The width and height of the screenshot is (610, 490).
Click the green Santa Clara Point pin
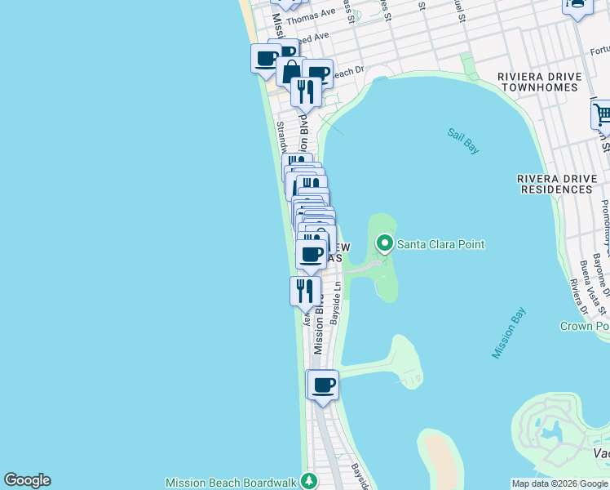tap(384, 243)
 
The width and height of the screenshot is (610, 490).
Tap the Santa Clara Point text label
tap(440, 244)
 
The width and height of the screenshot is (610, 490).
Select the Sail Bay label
tap(463, 140)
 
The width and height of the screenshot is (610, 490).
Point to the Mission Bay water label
tap(510, 332)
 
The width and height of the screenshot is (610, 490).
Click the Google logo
tap(27, 480)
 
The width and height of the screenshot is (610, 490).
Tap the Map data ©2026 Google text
tap(559, 483)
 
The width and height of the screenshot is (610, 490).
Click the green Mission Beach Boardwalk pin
tap(309, 481)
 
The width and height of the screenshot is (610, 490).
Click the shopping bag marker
tap(290, 70)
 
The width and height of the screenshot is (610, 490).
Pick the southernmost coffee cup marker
tap(323, 385)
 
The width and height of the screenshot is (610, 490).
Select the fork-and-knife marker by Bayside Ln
tap(305, 291)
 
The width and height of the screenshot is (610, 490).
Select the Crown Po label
tap(585, 326)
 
